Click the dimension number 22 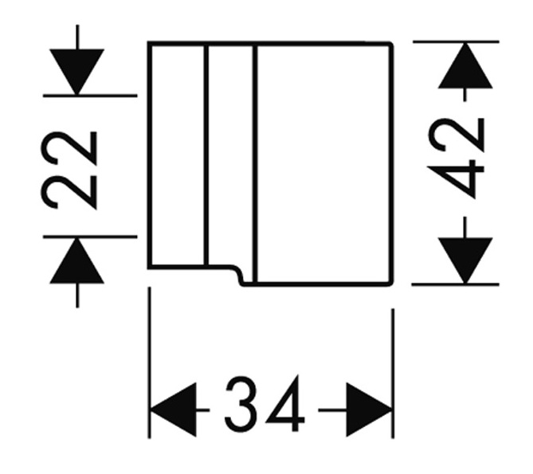pos(69,170)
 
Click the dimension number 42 pos(456,158)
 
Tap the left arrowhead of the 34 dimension pos(174,409)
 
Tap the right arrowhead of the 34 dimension pos(370,409)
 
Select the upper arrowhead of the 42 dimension pos(465,65)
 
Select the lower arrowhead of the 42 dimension pos(465,261)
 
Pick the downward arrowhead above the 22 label pos(76,72)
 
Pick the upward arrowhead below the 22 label pos(76,261)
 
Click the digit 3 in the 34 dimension pos(241,404)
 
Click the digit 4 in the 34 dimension pos(285,403)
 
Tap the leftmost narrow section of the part pos(178,155)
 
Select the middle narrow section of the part pos(229,155)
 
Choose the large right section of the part pos(323,163)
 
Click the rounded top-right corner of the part pos(390,45)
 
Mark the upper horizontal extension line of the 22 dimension pos(90,96)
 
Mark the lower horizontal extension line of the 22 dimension pos(90,237)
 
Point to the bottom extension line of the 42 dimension pos(456,284)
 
